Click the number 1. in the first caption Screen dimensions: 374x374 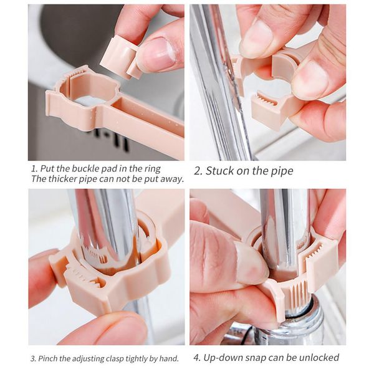[x=33, y=168]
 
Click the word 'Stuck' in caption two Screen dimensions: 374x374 [x=223, y=170]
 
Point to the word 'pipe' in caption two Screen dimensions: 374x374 [x=280, y=171]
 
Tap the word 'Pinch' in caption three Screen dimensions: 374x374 [x=47, y=358]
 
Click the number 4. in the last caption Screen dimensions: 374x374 [x=198, y=357]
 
